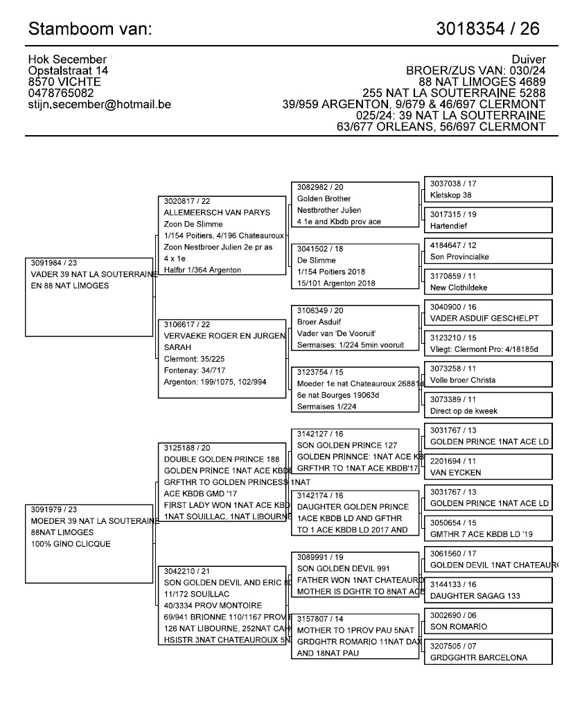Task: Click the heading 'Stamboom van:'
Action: click(x=89, y=29)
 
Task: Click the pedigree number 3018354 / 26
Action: click(x=488, y=29)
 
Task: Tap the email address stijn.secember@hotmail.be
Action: click(x=100, y=105)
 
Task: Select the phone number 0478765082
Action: click(x=62, y=93)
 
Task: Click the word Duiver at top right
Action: click(x=529, y=60)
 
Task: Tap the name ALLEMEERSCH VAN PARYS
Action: click(x=217, y=213)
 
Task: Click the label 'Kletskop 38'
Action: click(x=451, y=195)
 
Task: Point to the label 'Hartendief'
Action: click(x=450, y=226)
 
